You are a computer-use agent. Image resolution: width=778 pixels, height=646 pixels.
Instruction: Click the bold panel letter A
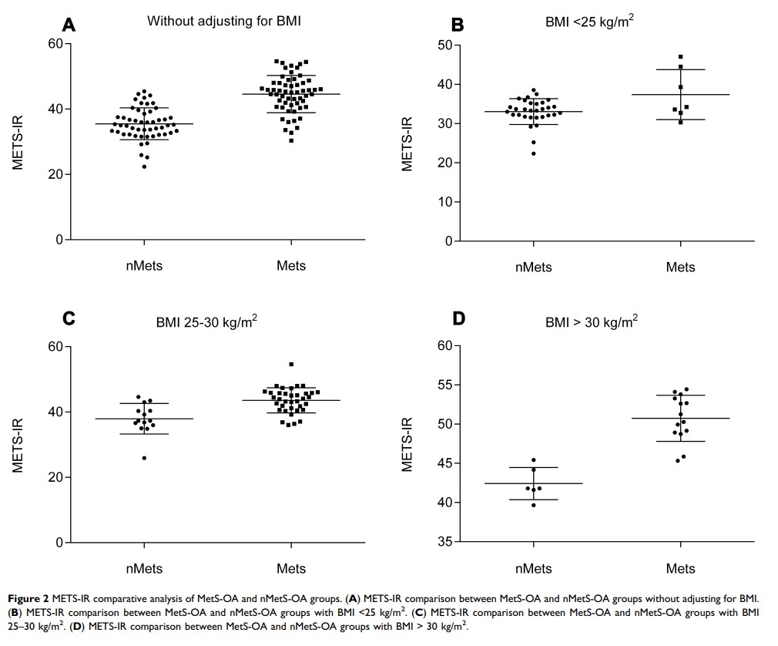tap(69, 25)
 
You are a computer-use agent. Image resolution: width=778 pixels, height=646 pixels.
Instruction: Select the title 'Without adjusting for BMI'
tap(223, 22)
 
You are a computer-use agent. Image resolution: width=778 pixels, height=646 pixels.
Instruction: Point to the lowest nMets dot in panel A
tap(144, 166)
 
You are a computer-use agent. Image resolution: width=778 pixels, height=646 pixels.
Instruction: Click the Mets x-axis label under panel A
tap(291, 266)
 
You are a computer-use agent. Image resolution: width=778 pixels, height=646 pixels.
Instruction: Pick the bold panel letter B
tap(457, 25)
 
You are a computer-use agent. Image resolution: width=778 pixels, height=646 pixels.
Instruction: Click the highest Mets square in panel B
tap(681, 56)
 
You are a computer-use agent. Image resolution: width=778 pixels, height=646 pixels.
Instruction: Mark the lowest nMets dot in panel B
tap(533, 153)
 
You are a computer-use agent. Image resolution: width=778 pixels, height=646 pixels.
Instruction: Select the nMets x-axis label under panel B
tap(533, 267)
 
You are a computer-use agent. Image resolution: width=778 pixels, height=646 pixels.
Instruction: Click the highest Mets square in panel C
tap(291, 364)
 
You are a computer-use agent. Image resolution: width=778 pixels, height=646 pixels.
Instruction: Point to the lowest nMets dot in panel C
tap(144, 458)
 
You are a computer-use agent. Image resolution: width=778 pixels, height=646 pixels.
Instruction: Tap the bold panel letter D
tap(458, 318)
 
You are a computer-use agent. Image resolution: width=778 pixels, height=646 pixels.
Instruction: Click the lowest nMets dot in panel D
tap(533, 505)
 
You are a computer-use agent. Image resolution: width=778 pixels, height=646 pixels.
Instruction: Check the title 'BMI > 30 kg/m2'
tap(591, 323)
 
